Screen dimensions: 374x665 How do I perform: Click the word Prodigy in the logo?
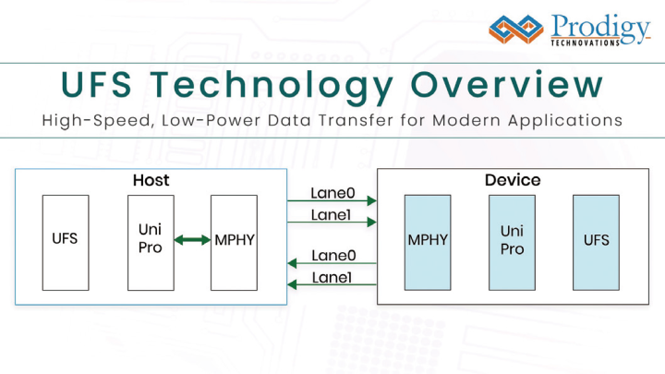(x=599, y=26)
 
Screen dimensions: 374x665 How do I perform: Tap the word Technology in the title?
(x=278, y=86)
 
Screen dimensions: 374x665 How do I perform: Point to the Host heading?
(x=151, y=180)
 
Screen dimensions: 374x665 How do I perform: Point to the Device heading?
(x=513, y=180)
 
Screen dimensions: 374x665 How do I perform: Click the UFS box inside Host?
(x=65, y=241)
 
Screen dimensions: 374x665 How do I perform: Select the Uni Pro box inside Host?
(x=150, y=241)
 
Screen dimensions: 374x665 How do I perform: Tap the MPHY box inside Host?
(x=234, y=241)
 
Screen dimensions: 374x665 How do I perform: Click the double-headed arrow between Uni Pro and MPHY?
(x=192, y=241)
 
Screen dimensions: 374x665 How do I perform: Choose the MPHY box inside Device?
(x=428, y=241)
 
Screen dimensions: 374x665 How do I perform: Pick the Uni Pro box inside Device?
(x=512, y=241)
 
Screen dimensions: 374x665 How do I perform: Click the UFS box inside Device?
(x=596, y=241)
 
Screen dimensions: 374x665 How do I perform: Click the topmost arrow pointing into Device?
(x=332, y=200)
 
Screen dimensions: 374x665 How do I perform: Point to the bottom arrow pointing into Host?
(x=332, y=286)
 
